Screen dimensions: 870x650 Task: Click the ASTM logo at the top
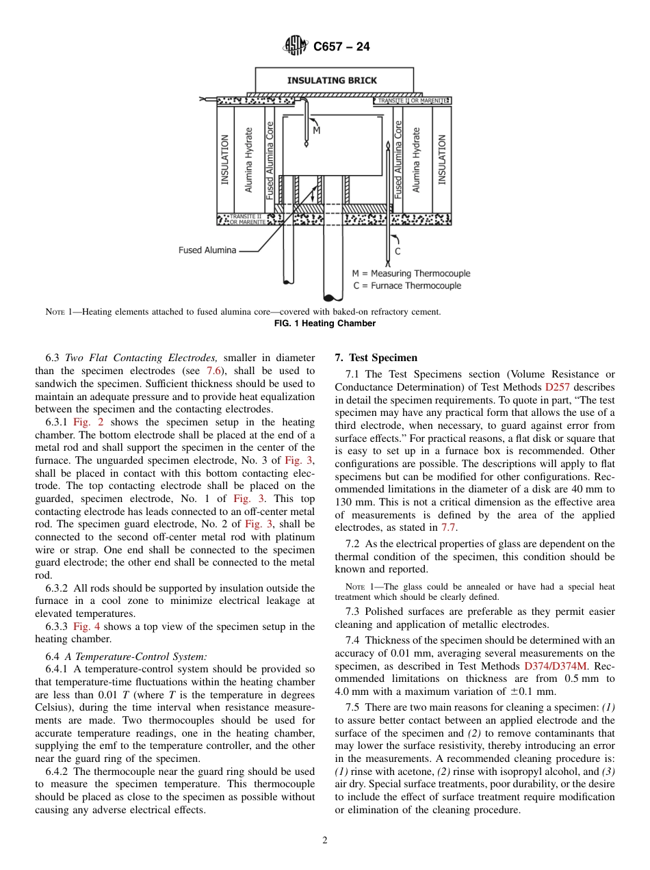pos(296,47)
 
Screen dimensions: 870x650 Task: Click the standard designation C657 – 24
pos(341,47)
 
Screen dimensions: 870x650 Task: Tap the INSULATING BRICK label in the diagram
pos(332,81)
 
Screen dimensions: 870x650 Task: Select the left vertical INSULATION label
pos(224,159)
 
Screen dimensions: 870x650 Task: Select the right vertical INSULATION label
pos(442,159)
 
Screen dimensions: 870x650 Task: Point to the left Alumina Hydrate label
pos(249,159)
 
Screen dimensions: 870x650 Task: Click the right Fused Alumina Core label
pos(398,160)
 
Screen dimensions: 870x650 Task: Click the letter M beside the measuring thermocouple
pos(316,130)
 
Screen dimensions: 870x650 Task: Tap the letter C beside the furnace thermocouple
pos(398,251)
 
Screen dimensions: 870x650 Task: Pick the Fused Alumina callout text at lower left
pos(207,250)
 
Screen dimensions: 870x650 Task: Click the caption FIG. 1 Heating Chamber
pos(325,324)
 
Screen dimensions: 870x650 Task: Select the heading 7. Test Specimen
pos(376,358)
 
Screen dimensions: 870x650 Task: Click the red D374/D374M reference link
pos(552,665)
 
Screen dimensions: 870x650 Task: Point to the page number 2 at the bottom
pos(325,841)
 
